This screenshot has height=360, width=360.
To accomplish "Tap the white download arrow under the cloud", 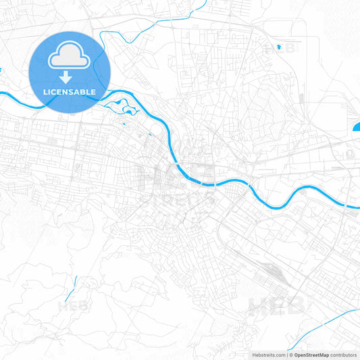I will point(70,78).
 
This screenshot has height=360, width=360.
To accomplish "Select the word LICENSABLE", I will point(70,91).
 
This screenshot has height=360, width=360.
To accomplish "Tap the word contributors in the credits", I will point(344,355).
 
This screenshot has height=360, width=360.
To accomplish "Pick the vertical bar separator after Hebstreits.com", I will point(286,355).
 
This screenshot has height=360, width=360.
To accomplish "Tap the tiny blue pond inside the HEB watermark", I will point(279,47).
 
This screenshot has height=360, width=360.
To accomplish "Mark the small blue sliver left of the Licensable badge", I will point(2,70).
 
